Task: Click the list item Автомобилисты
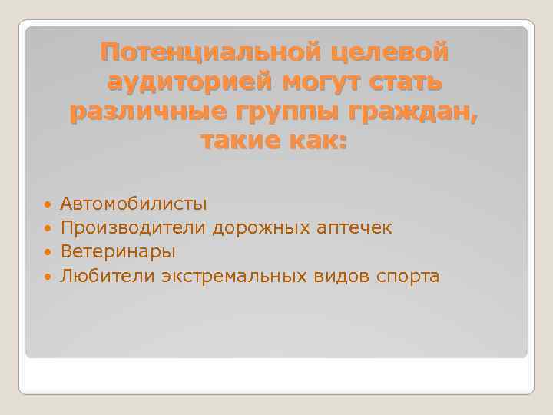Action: click(x=134, y=204)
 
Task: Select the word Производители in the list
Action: click(x=134, y=227)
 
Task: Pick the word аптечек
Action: click(x=356, y=227)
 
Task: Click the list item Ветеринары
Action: click(x=118, y=251)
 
